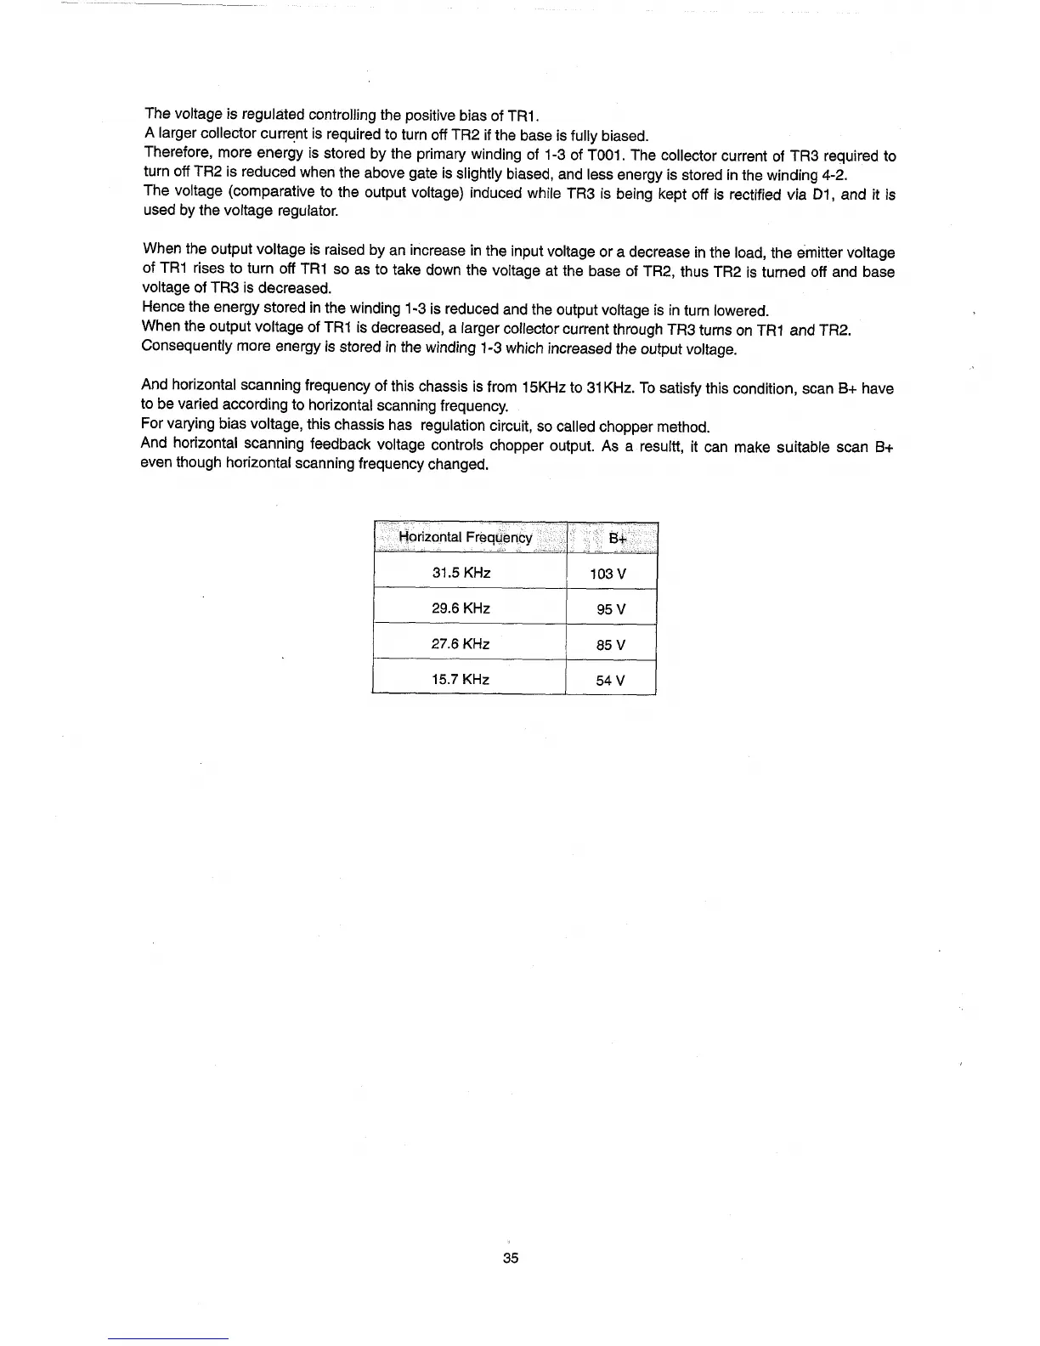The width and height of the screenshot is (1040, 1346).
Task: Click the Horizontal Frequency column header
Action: (466, 537)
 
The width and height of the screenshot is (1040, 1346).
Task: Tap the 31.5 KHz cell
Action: (461, 573)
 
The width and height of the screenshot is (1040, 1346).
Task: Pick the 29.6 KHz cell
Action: (461, 608)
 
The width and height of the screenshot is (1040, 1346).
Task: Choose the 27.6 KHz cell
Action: (461, 644)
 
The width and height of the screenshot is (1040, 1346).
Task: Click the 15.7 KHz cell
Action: (461, 680)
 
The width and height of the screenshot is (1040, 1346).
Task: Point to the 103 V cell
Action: (608, 574)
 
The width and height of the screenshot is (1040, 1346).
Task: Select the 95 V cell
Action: (611, 610)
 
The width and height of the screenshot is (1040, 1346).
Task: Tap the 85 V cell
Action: (611, 645)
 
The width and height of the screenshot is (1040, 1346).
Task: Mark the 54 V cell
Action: (611, 681)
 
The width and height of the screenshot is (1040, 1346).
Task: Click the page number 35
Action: (511, 1258)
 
